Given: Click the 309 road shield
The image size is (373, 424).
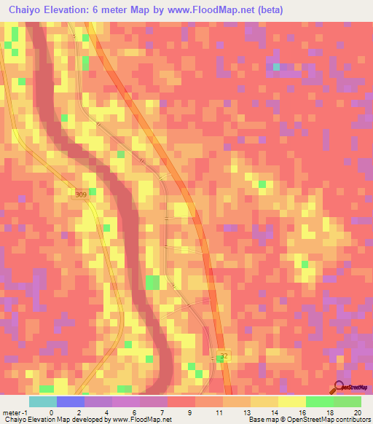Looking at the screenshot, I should pyautogui.click(x=80, y=194).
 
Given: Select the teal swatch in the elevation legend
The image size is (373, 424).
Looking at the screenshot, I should pyautogui.click(x=42, y=401).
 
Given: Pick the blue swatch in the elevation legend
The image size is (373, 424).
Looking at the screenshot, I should pyautogui.click(x=70, y=401).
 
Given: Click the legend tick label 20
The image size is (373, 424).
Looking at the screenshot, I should pyautogui.click(x=356, y=412).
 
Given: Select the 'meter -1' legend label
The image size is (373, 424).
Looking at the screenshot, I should pyautogui.click(x=15, y=412).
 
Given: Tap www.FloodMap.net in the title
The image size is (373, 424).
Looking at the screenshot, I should pyautogui.click(x=222, y=10).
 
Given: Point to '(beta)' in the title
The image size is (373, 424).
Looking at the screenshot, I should pyautogui.click(x=269, y=10).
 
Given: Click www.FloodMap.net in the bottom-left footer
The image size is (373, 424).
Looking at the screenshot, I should pyautogui.click(x=143, y=420).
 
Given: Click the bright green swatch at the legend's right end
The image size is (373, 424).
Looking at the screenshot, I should pyautogui.click(x=348, y=401).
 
